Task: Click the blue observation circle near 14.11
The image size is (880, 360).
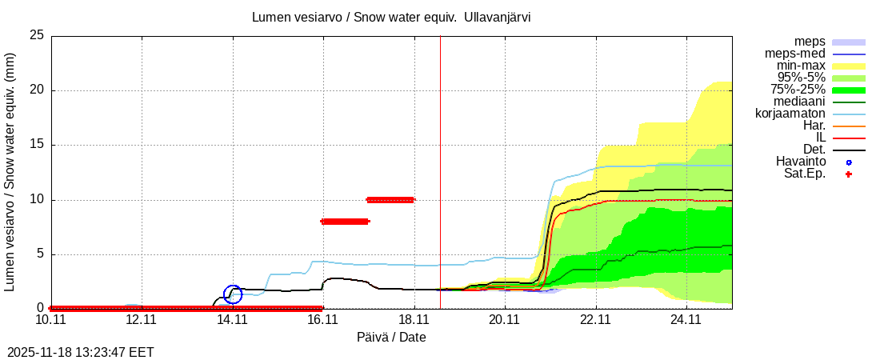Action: tap(232, 294)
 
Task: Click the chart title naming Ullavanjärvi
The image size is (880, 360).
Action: tap(391, 17)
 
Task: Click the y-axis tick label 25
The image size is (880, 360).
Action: tap(36, 35)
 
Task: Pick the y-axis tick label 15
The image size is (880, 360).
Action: tap(36, 145)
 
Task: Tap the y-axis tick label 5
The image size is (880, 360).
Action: tap(40, 254)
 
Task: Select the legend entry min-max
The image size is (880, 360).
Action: tap(801, 66)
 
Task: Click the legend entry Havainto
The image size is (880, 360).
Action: tap(800, 162)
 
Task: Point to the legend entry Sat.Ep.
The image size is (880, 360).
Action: tap(804, 174)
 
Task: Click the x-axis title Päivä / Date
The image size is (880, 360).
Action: tap(391, 338)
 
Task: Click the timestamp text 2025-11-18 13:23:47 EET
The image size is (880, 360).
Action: tap(81, 352)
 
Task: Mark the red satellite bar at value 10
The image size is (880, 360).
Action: tap(390, 200)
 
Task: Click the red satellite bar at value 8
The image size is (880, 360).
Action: tap(345, 222)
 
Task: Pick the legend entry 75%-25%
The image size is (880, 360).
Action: tap(798, 90)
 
